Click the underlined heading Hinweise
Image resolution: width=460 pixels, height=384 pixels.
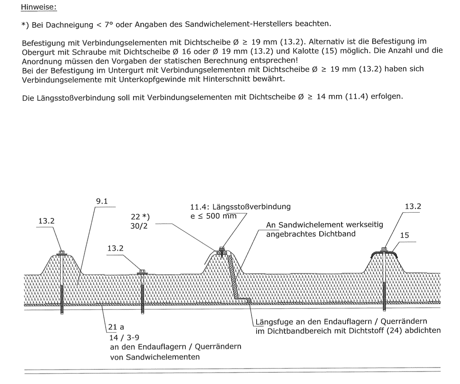click(39, 7)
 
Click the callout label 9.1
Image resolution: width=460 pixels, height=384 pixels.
click(102, 201)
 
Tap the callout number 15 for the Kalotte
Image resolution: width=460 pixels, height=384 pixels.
click(404, 235)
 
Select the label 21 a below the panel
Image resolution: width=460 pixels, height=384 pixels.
click(116, 327)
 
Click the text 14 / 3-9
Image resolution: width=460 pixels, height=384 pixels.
click(124, 337)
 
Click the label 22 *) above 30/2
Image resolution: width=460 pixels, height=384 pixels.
click(140, 217)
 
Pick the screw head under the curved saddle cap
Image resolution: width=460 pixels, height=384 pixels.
click(384, 249)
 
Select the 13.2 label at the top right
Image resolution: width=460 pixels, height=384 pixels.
click(413, 207)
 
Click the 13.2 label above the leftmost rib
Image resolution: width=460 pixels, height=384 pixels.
click(47, 221)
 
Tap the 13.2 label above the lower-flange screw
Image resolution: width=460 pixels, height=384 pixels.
click(115, 248)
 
